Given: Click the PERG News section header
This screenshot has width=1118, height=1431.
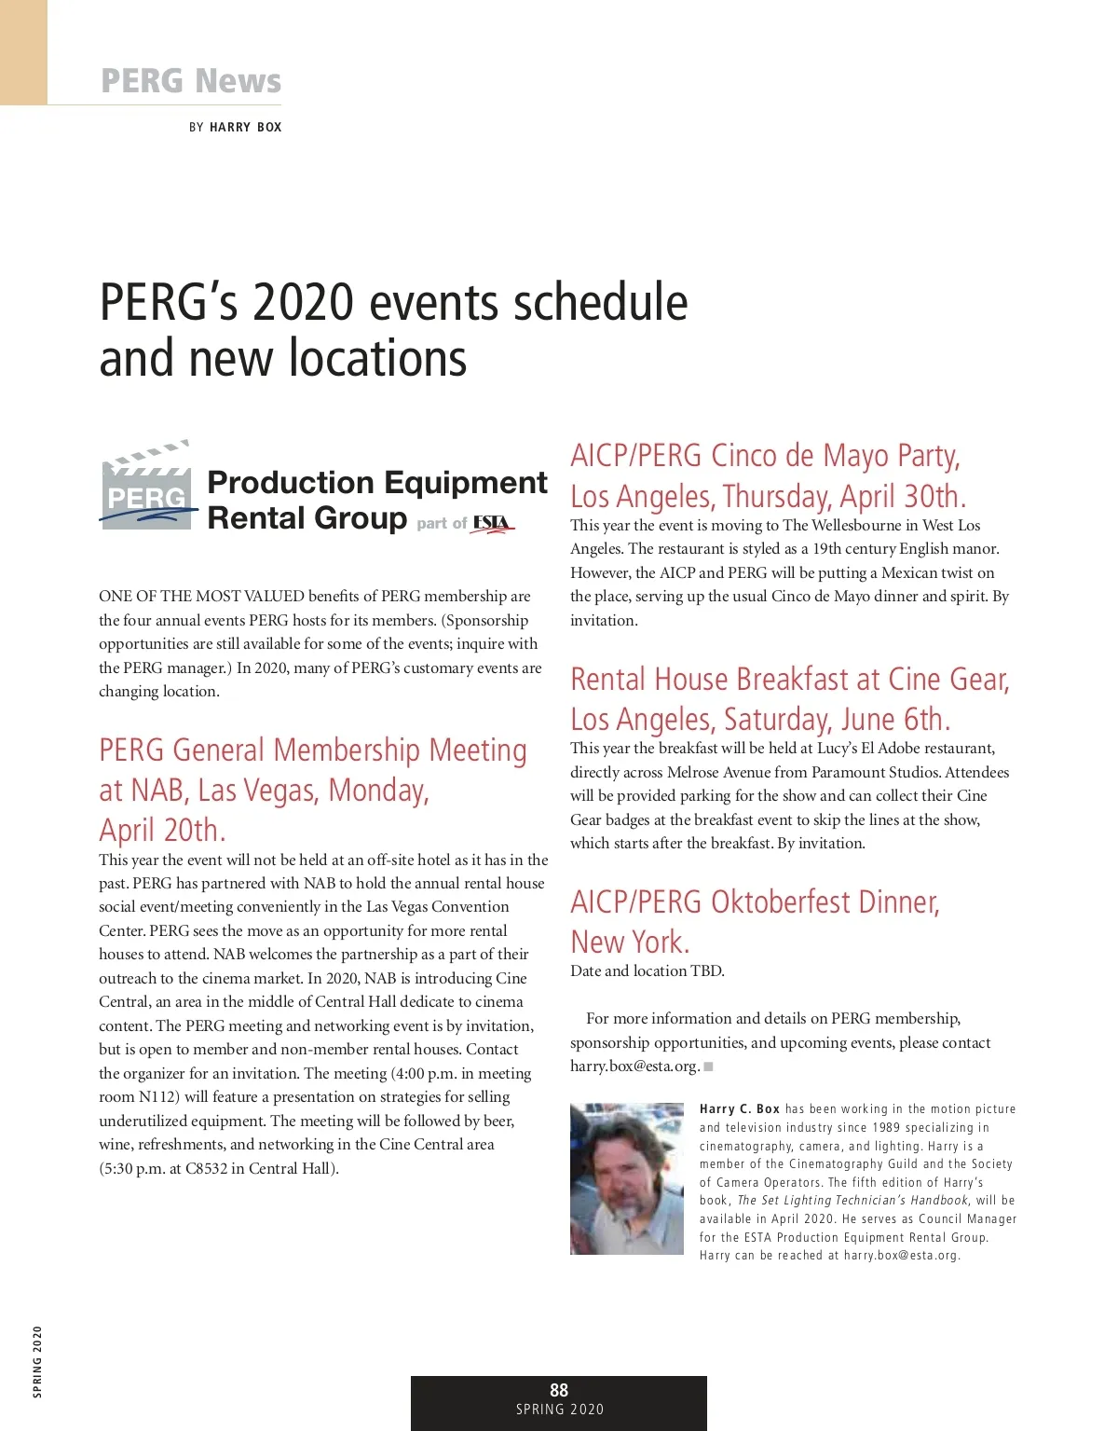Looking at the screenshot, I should pos(190,81).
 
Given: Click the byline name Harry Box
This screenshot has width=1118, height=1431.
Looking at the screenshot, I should pos(245,127).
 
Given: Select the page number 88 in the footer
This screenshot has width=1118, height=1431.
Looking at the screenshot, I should pos(559,1390).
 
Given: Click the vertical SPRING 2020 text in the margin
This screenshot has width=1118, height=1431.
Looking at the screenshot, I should pos(37,1361).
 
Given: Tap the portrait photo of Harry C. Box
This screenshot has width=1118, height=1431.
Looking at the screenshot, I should pos(626,1178).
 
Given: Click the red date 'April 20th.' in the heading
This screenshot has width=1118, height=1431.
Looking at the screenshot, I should pos(162,830).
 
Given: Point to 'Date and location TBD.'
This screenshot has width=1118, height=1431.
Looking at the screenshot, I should pos(647,970).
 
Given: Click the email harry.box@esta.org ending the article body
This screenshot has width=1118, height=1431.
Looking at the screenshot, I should pos(634,1066).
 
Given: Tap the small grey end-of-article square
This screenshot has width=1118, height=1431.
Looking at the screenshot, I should pos(709,1066).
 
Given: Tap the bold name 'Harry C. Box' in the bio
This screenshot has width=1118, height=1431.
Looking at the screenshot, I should pos(740,1109).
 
